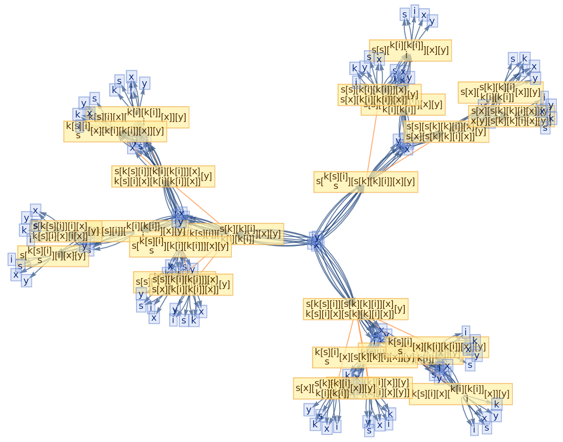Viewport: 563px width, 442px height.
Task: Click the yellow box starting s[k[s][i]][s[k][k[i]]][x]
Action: (355, 309)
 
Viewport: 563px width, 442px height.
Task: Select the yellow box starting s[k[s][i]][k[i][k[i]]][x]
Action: (163, 176)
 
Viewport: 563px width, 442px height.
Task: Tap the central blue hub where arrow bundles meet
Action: (316, 240)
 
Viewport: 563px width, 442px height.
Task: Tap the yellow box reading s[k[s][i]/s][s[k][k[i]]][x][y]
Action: (366, 182)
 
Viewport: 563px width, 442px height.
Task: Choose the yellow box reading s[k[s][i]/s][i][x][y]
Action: (53, 256)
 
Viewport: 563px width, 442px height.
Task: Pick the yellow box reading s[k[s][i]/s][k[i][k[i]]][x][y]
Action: (180, 246)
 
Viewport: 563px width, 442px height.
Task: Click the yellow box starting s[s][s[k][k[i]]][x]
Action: (446, 132)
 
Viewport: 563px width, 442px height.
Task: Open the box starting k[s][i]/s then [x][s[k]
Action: (364, 357)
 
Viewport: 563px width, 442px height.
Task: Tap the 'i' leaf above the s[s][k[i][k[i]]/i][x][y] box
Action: (415, 11)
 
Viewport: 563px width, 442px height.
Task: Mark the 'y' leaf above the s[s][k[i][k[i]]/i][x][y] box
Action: (432, 21)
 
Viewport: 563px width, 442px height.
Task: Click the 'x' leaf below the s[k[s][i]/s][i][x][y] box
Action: (16, 274)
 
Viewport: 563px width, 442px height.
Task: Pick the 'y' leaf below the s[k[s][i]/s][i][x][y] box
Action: (26, 281)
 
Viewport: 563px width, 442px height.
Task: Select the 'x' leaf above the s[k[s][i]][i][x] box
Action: (35, 210)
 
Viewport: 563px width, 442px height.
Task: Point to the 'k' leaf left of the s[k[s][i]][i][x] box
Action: (24, 230)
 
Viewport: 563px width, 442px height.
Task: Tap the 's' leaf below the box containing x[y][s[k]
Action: (545, 128)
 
